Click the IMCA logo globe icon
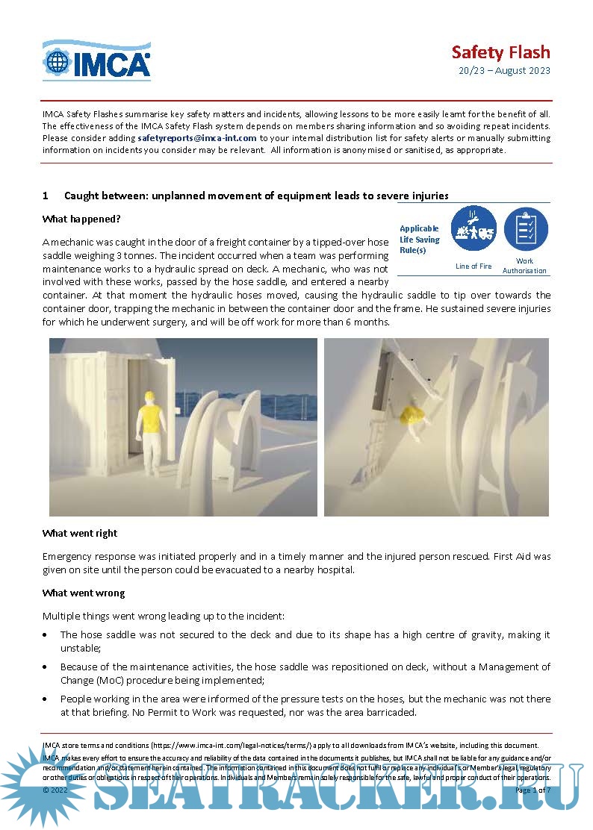(57, 63)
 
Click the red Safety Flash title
(500, 52)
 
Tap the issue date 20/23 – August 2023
(504, 71)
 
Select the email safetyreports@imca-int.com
(197, 138)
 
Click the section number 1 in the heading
(46, 196)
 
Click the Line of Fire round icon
(474, 228)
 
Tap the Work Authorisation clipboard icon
(525, 228)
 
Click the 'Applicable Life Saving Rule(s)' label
(419, 240)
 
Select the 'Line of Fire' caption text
(474, 266)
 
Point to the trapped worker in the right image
(413, 418)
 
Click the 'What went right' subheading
(80, 533)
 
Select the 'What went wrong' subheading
(83, 593)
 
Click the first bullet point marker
(47, 635)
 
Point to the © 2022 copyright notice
(56, 790)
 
